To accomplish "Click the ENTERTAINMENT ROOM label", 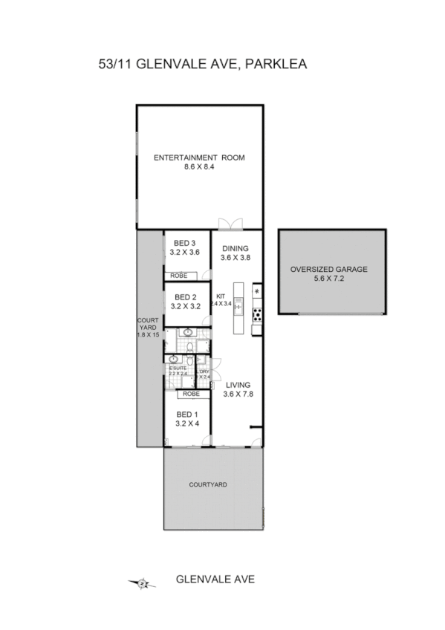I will pos(198,157).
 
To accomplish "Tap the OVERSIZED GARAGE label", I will pos(329,269).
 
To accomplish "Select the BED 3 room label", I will pos(184,243).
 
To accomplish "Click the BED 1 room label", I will pos(186,414).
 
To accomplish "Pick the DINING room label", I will pos(234,249).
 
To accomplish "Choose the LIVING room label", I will pos(238,385).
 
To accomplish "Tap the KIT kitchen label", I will pos(220,296).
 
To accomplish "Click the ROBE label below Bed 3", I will pos(179,276).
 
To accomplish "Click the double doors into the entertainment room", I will pos(230,223).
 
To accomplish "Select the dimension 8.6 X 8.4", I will pos(198,167).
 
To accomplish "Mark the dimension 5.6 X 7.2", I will pos(329,279).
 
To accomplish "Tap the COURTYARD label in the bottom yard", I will pos(208,484).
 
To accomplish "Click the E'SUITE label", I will pos(178,368).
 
